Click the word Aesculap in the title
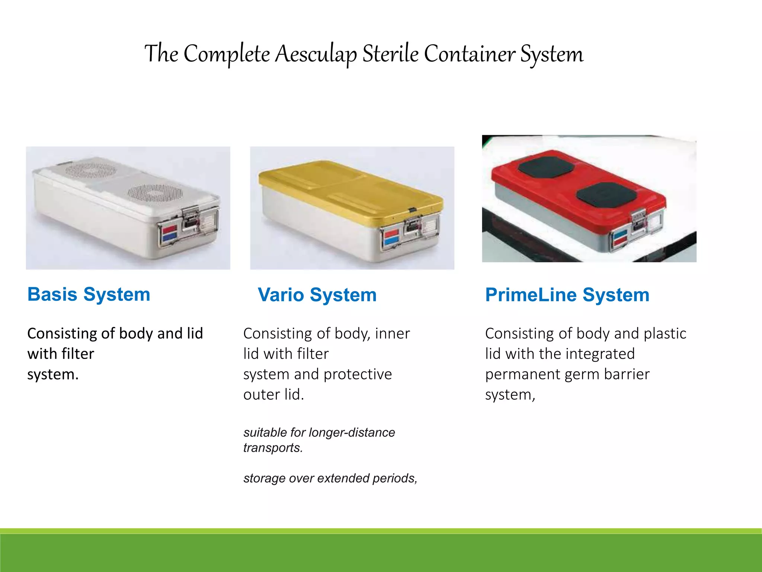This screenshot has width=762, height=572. [316, 54]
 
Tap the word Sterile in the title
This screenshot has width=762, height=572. [390, 54]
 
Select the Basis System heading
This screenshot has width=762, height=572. [89, 295]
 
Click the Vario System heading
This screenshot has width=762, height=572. [317, 295]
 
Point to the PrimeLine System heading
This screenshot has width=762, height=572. [567, 295]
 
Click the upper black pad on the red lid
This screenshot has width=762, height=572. [546, 166]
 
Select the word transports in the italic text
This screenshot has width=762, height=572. [273, 448]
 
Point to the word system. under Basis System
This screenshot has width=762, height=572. [53, 374]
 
